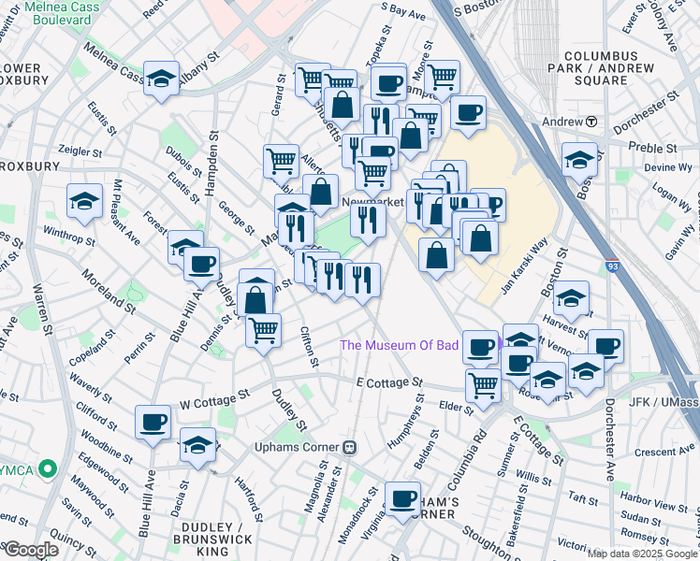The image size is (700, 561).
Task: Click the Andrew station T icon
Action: (x=591, y=122)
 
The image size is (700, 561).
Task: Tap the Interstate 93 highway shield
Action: (x=612, y=266)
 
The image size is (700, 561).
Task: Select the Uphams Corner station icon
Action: (x=350, y=447)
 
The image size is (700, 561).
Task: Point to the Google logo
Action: (x=31, y=550)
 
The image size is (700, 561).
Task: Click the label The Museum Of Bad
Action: (x=400, y=345)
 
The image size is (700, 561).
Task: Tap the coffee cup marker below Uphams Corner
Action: (x=403, y=497)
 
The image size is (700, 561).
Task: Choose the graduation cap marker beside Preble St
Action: (x=580, y=159)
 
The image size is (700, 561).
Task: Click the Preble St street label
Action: (x=653, y=149)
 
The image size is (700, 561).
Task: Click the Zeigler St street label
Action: (x=80, y=151)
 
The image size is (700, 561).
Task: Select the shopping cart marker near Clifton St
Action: (x=264, y=328)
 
